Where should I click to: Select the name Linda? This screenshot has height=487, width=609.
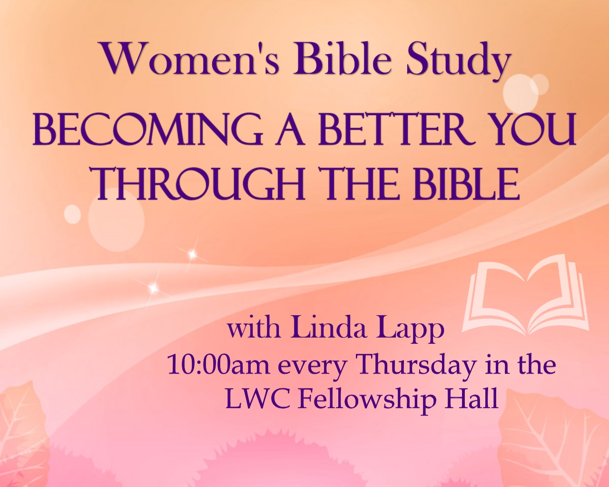point(329,329)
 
